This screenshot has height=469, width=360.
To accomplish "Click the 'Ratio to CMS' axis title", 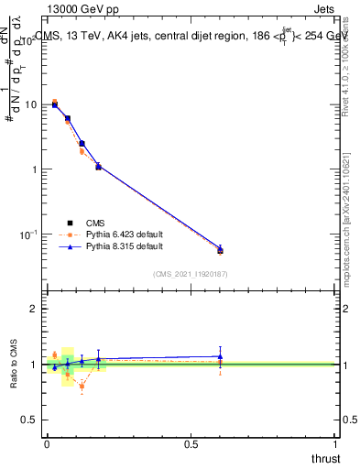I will (14, 365).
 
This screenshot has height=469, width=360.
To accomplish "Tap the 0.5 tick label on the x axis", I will (191, 443).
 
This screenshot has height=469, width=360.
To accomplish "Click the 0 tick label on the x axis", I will (47, 443).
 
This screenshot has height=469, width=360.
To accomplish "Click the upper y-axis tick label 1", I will (34, 170).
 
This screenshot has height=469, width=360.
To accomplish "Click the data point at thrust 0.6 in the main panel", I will (220, 250).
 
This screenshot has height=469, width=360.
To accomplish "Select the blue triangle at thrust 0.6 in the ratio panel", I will (220, 356).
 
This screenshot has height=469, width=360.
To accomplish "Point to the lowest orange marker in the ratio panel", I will (82, 387).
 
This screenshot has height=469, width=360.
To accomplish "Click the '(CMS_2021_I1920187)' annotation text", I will (191, 273).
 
